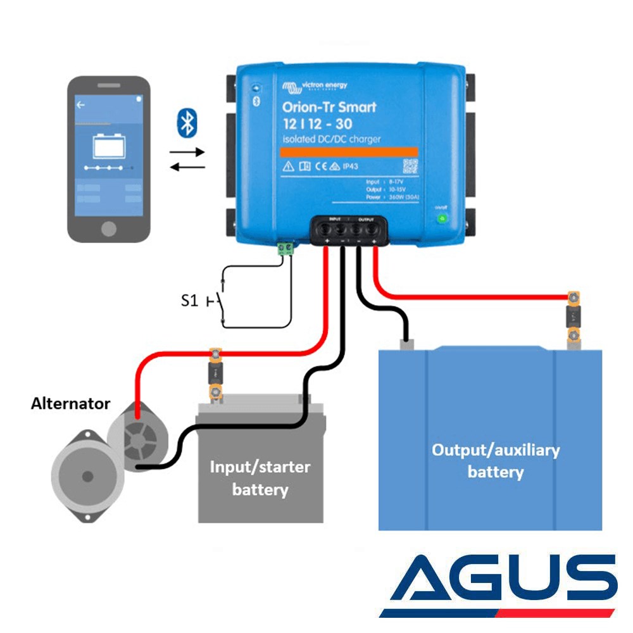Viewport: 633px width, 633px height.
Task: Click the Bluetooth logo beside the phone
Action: point(187,122)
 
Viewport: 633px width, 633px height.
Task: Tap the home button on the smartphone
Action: point(109,228)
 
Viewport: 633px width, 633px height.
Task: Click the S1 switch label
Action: point(189,301)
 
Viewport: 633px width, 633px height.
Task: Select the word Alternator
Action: point(70,403)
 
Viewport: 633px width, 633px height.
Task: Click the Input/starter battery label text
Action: point(260,478)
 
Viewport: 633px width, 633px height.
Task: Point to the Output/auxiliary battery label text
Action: point(495,461)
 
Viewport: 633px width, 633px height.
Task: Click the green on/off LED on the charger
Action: point(442,219)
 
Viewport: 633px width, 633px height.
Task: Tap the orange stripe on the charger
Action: point(349,152)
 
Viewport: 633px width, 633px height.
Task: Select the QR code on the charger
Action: point(411,166)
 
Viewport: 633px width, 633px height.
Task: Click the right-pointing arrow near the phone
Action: point(187,152)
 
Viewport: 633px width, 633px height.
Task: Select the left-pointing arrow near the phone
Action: point(187,166)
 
